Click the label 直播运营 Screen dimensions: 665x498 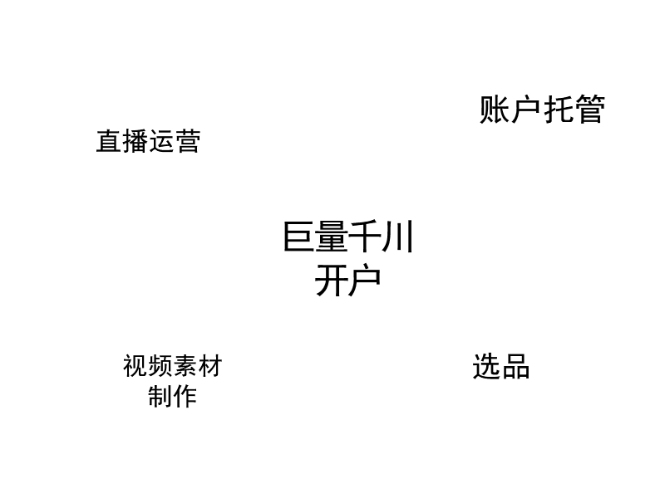(x=148, y=141)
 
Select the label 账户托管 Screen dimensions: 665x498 (x=542, y=110)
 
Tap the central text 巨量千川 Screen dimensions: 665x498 (x=347, y=237)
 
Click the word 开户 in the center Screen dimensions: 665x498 (x=347, y=281)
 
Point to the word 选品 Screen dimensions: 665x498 (x=501, y=366)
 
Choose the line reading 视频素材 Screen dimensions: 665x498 (x=172, y=366)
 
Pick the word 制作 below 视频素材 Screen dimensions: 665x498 (x=172, y=397)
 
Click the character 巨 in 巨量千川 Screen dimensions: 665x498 (x=299, y=237)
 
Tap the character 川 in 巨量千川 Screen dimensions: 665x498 (x=398, y=237)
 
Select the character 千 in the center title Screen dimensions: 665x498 (x=365, y=237)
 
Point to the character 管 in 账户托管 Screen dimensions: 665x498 (x=590, y=110)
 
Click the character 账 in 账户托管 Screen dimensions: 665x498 (x=494, y=110)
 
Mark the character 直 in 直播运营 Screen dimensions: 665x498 (x=109, y=141)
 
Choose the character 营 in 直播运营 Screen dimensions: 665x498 (x=188, y=141)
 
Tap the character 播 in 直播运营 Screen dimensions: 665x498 (x=135, y=141)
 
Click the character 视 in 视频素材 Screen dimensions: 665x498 (x=135, y=366)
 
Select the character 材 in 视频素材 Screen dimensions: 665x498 (x=210, y=366)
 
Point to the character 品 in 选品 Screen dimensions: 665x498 (x=516, y=367)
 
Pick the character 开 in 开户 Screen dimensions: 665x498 (x=331, y=281)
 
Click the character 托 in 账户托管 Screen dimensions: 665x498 (x=558, y=110)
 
